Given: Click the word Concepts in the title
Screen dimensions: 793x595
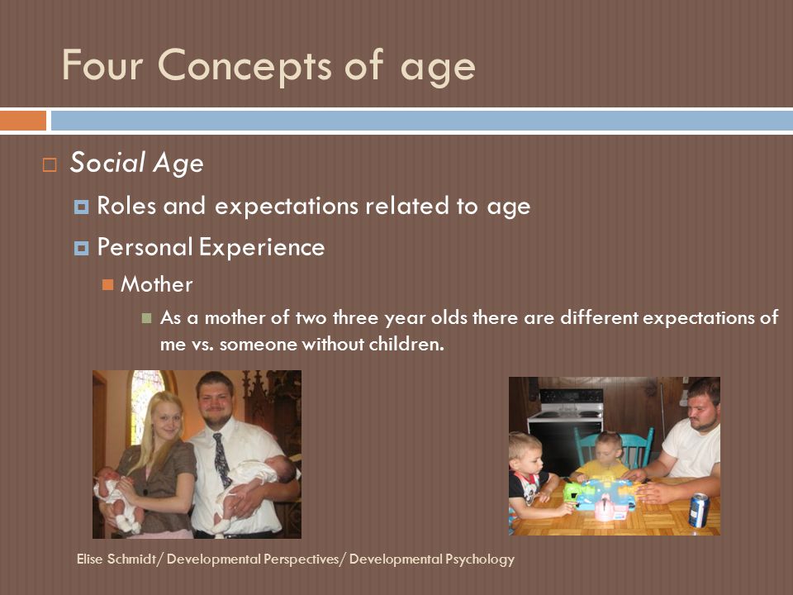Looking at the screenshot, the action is (x=245, y=66).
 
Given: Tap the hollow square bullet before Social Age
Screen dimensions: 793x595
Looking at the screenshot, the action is (x=50, y=165).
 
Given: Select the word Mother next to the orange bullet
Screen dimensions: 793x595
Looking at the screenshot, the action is (x=157, y=284).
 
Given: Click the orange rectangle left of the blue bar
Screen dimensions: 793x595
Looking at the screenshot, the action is (x=23, y=121).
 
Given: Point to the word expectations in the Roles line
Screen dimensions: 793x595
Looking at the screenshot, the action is (x=286, y=207).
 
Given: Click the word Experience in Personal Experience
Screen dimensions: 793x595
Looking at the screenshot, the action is (x=262, y=248).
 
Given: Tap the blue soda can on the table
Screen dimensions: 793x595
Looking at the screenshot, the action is (x=700, y=510).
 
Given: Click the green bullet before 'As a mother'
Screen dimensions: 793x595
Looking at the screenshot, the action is (x=147, y=318).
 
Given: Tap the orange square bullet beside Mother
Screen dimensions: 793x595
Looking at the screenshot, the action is (x=107, y=285).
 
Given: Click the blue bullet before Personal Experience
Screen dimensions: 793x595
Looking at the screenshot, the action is (x=82, y=248).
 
